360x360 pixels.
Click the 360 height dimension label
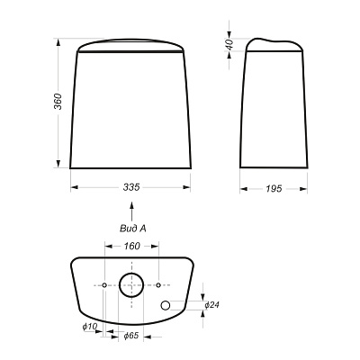58,102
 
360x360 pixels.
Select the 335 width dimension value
131,187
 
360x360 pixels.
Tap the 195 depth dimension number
274,188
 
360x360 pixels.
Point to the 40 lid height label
229,44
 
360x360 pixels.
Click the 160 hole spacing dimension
131,246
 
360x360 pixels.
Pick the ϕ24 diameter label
212,305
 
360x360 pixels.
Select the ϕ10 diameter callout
90,327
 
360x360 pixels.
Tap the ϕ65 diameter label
131,336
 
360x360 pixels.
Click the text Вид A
133,229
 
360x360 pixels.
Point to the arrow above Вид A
131,211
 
